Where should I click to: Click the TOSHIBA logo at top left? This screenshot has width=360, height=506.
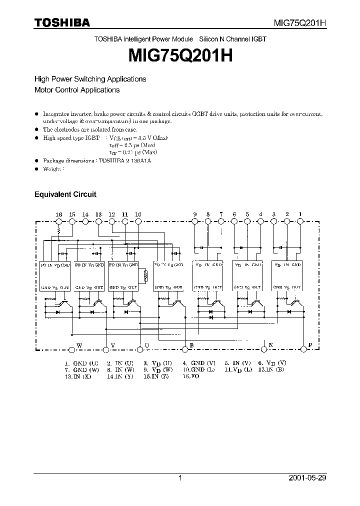tap(62, 22)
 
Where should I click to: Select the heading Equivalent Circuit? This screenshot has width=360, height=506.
tap(65, 194)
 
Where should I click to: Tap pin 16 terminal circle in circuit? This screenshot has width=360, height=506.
tap(59, 221)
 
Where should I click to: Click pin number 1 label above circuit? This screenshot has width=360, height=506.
tap(300, 214)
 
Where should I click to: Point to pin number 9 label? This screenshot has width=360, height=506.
tap(195, 214)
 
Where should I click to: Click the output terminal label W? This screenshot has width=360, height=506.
tap(78, 345)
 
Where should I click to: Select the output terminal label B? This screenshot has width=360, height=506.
tap(191, 345)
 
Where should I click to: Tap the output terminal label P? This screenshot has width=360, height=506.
tap(310, 345)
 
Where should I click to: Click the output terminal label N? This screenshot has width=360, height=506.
tap(271, 345)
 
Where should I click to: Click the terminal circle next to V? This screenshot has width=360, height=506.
tap(105, 349)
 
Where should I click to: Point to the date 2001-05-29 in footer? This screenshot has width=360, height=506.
tap(307, 478)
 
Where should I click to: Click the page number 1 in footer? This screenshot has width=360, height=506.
tap(180, 478)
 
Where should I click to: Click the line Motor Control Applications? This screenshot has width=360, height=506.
tap(77, 90)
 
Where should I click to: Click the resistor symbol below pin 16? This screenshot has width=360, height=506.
tap(59, 231)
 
